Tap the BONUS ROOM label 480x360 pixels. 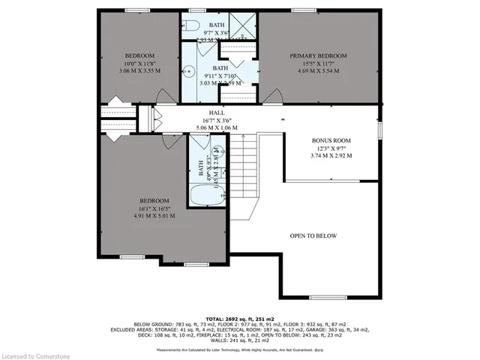pyautogui.click(x=331, y=141)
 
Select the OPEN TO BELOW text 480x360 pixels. pyautogui.click(x=313, y=236)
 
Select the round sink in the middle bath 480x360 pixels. pyautogui.click(x=188, y=75)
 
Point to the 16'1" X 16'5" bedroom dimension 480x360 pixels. pyautogui.click(x=154, y=208)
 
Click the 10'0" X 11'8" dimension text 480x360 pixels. pyautogui.click(x=139, y=65)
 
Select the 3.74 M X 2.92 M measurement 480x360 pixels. pyautogui.click(x=331, y=156)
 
